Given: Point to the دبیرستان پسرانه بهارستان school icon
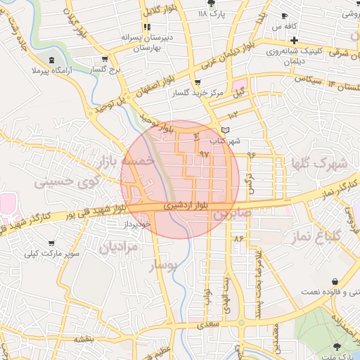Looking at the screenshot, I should point(146,27).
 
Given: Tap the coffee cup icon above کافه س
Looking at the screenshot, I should point(284,15).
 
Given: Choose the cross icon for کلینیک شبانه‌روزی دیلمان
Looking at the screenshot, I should point(295,39).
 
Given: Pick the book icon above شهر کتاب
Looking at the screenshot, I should point(225,130).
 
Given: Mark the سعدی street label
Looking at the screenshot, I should point(210,324).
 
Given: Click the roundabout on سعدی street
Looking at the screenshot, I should point(242,324).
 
